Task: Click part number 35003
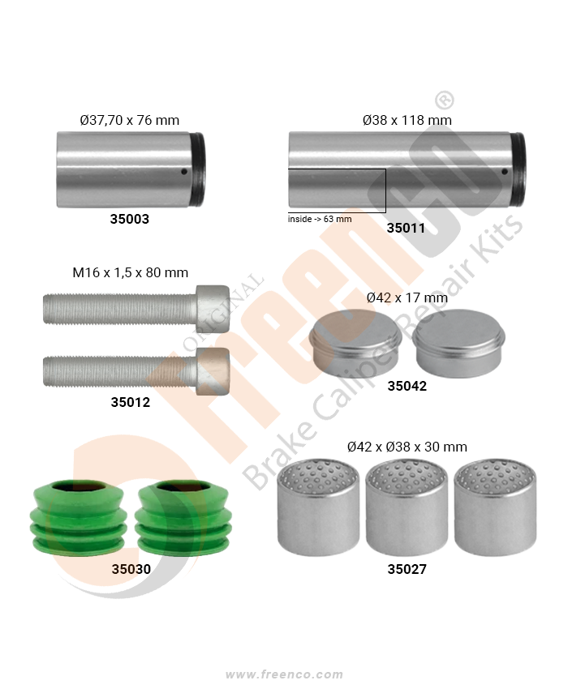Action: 129,219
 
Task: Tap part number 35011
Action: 406,228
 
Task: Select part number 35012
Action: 130,402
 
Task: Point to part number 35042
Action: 407,386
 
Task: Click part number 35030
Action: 131,569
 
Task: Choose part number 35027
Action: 407,569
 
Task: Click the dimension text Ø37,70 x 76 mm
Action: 130,120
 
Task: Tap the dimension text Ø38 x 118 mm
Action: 407,120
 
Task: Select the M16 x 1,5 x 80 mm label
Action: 130,272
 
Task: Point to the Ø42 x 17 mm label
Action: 407,297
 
